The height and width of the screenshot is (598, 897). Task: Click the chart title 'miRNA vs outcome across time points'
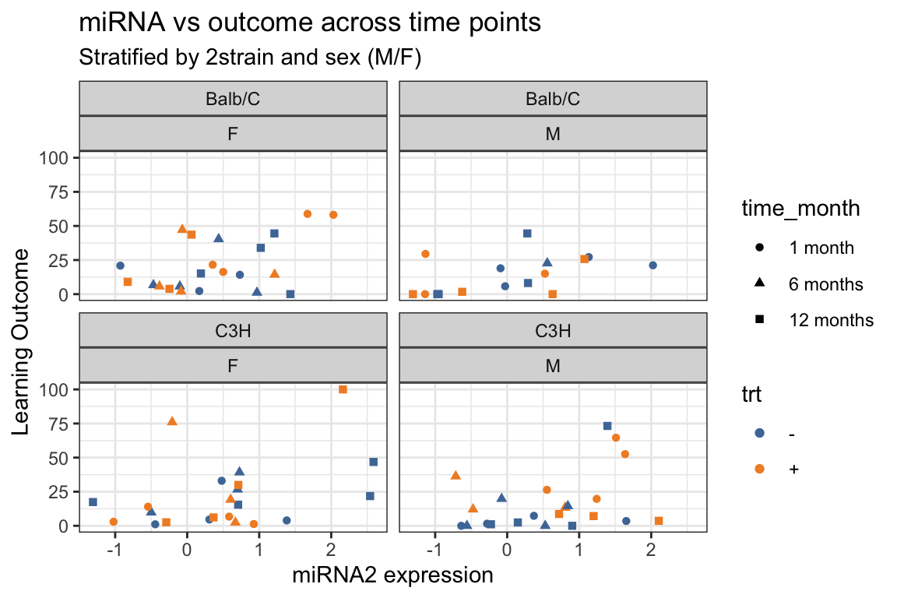point(310,23)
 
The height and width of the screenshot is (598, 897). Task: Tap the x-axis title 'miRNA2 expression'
point(392,575)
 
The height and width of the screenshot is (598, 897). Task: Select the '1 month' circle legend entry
point(760,248)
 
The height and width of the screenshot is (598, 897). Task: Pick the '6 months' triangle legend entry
point(760,284)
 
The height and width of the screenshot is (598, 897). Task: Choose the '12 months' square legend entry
point(760,320)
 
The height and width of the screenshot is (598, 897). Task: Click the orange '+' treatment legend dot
point(760,469)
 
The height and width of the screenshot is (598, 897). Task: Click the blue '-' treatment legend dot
point(760,433)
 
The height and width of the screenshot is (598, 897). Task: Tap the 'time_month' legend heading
point(800,209)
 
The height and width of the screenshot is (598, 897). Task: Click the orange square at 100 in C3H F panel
point(343,389)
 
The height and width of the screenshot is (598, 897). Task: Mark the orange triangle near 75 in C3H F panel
point(172,421)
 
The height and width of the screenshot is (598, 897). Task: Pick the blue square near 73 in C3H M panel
point(607,426)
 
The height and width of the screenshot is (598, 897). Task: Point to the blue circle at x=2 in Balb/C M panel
point(653,266)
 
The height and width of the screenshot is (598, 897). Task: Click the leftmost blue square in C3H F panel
point(93,502)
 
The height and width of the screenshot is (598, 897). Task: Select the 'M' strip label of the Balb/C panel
point(553,134)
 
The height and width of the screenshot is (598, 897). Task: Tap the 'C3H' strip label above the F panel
point(233,330)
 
